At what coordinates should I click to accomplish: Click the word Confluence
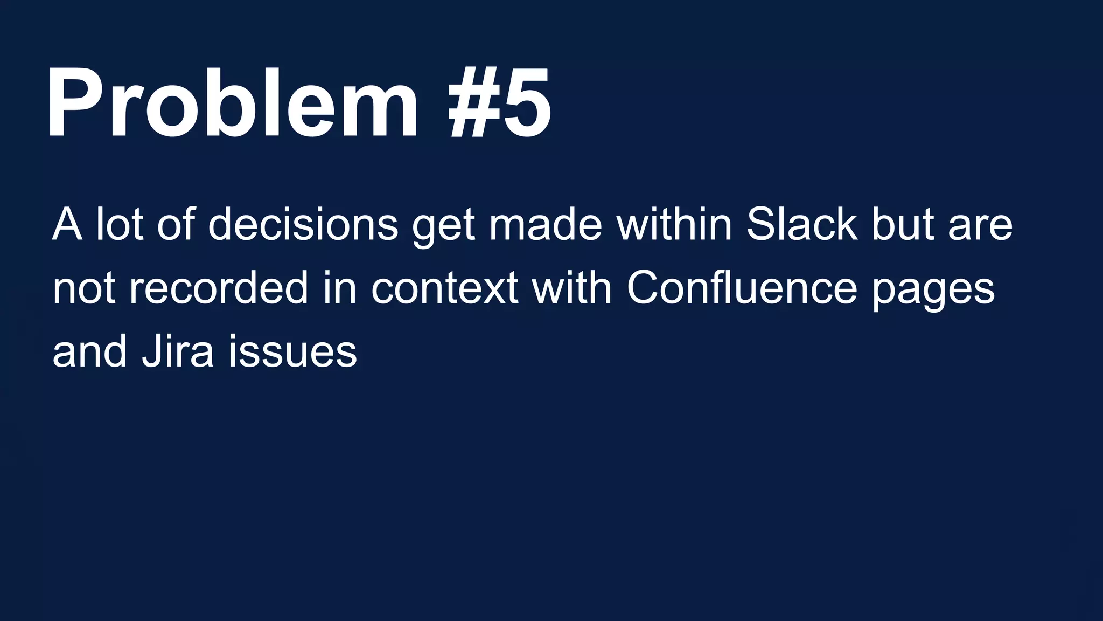point(742,288)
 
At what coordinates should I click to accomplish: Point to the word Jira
point(178,351)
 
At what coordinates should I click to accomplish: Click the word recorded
point(219,288)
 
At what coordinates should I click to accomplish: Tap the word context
point(445,288)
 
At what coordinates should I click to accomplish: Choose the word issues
point(292,351)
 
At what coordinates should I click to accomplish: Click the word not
point(83,289)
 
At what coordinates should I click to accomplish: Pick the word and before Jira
point(89,351)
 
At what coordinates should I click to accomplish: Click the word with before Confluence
point(571,288)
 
